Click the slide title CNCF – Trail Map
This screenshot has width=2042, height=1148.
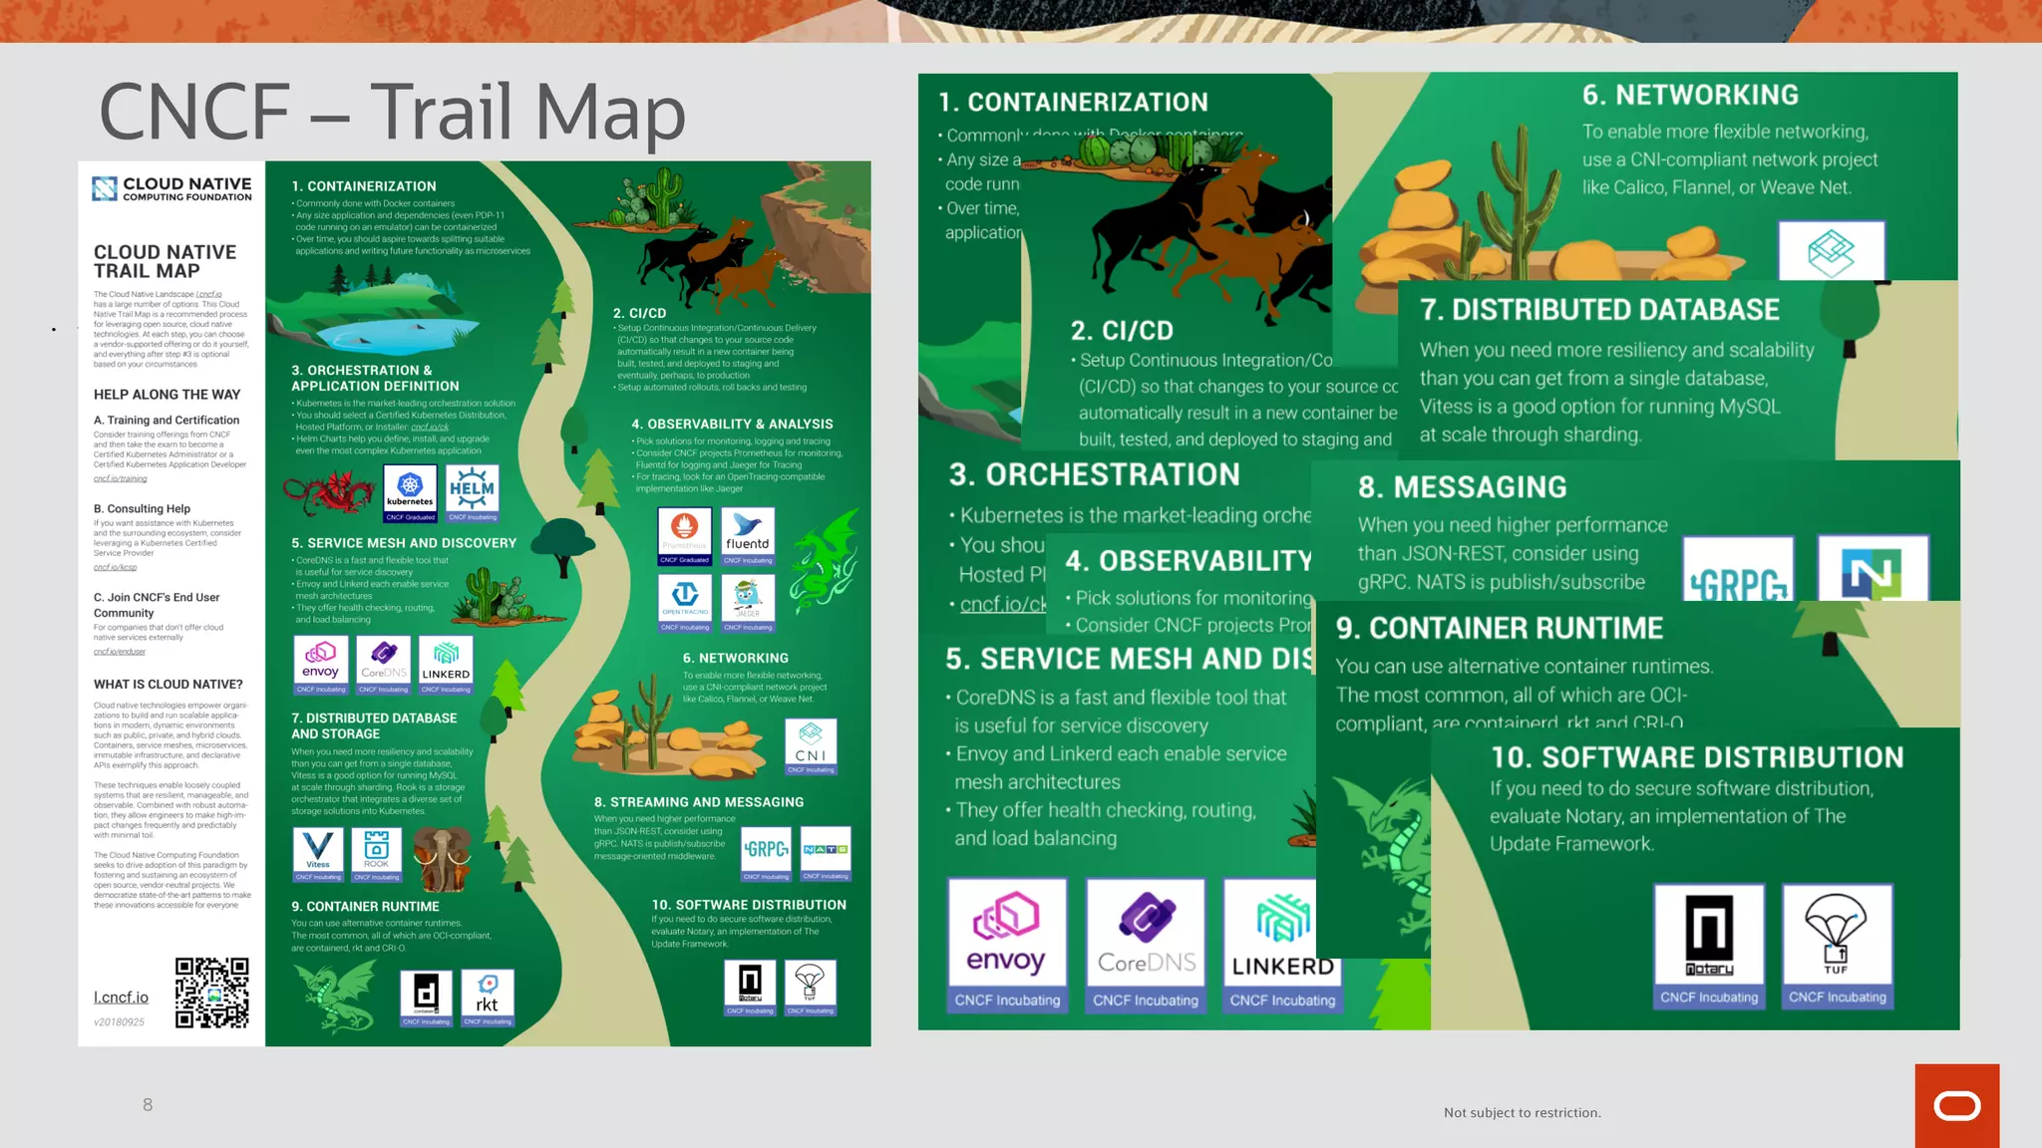392,112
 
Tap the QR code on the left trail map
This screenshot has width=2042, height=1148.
211,993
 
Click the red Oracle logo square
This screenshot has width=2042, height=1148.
1956,1105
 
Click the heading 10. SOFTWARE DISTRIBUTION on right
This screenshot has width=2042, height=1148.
1696,757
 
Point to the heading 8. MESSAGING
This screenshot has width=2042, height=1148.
1462,487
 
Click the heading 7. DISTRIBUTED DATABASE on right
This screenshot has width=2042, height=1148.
1599,310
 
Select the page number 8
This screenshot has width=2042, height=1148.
148,1104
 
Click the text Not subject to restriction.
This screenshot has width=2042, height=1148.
1522,1112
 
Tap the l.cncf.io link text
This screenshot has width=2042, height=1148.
121,998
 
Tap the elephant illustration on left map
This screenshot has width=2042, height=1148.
442,857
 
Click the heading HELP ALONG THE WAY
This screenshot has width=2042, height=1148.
167,395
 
